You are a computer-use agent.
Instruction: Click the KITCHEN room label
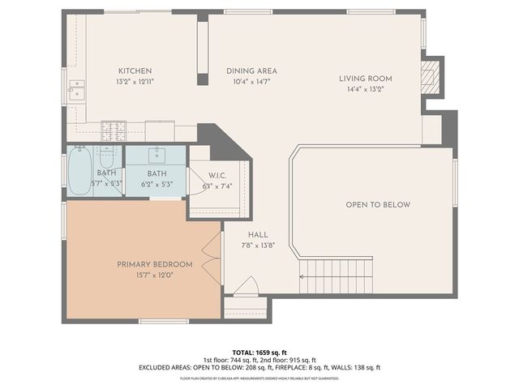click(x=135, y=71)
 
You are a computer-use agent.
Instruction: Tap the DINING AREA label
click(x=251, y=71)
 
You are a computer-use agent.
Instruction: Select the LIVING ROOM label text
click(x=365, y=79)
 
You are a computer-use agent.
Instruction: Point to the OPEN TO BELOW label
click(x=378, y=204)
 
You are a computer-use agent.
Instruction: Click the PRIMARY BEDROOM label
click(x=155, y=264)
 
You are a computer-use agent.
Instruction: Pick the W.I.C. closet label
click(x=217, y=176)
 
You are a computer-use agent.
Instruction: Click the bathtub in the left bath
click(x=79, y=170)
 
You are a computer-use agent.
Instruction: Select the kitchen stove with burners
click(x=114, y=130)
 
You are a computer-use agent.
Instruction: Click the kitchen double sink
click(x=78, y=89)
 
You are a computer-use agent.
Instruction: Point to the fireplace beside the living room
click(x=434, y=77)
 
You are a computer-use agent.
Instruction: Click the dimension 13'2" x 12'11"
click(x=135, y=82)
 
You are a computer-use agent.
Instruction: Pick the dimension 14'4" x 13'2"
click(x=365, y=90)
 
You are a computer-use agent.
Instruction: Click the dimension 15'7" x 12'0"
click(x=155, y=276)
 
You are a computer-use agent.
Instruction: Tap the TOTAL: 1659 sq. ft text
click(x=259, y=353)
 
